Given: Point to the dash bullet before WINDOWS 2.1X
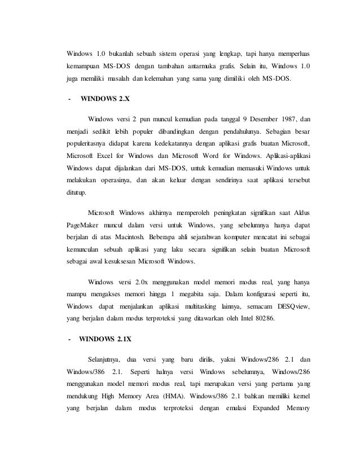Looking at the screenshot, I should [69, 340].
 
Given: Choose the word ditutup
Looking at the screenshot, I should [77, 192].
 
